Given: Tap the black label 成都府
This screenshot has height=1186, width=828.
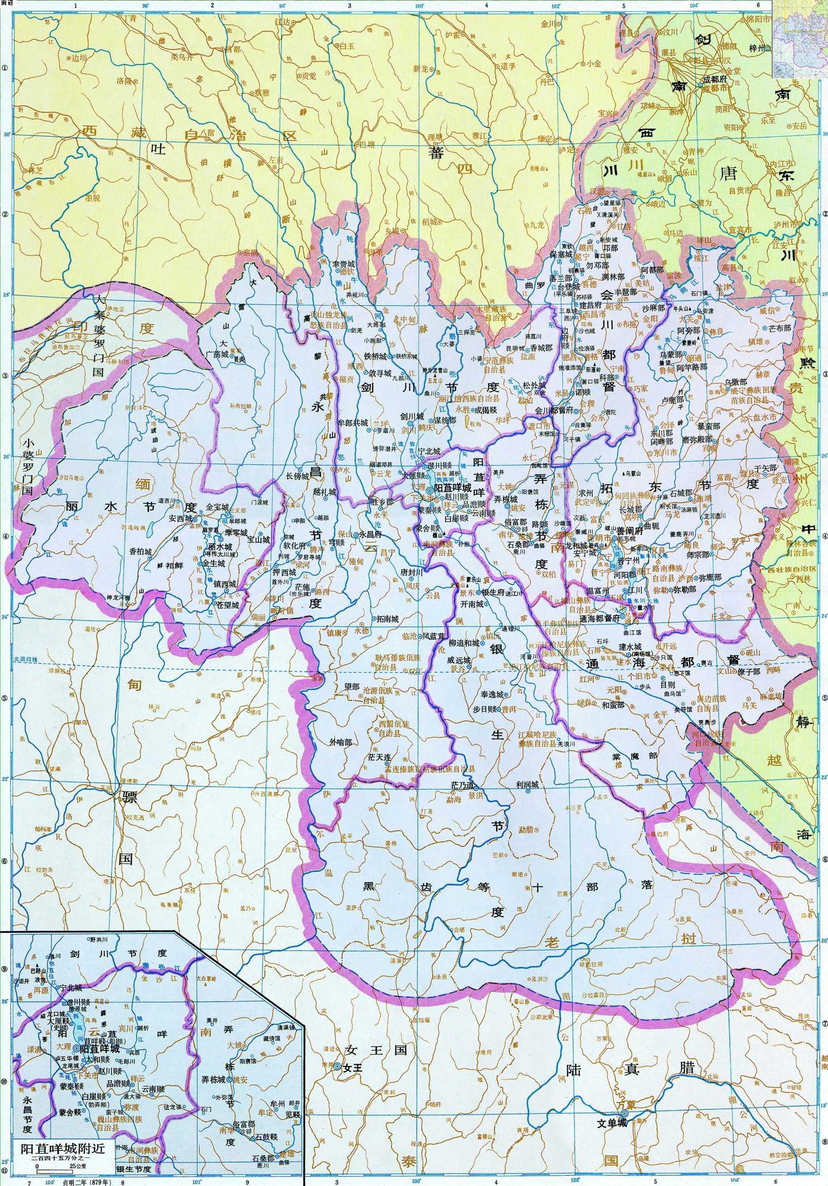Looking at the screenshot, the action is (715, 80).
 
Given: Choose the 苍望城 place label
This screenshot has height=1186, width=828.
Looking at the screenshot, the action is (228, 605).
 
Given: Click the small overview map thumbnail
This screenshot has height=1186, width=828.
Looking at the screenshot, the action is (800, 38).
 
